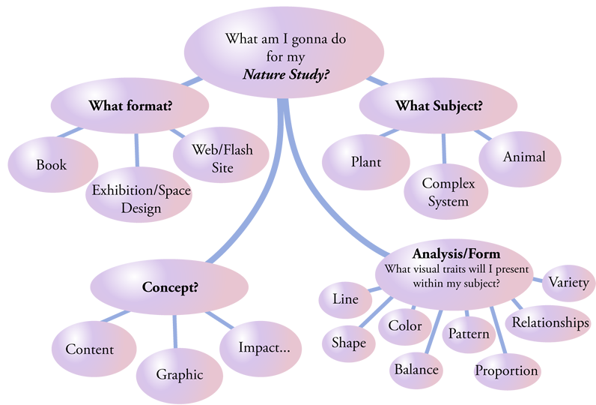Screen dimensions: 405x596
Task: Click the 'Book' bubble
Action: [52, 164]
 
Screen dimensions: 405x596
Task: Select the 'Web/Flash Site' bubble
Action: [213, 158]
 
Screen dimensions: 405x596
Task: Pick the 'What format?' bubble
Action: [130, 106]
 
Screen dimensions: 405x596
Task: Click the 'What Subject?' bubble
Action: [439, 106]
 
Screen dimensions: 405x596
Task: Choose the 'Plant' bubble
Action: [366, 162]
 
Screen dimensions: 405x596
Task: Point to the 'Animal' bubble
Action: [523, 157]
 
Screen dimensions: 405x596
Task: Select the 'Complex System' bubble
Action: [444, 192]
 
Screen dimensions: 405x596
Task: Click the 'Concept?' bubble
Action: [170, 287]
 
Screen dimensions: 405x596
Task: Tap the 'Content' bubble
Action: [90, 349]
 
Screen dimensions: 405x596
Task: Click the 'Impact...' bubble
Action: [259, 348]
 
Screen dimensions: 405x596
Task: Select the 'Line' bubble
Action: [345, 300]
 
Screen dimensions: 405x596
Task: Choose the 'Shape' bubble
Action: [348, 343]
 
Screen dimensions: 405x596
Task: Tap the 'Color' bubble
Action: [405, 326]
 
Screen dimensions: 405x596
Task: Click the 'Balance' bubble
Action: [417, 370]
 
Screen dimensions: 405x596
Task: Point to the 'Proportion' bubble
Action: [506, 370]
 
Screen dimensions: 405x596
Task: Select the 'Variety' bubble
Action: [568, 283]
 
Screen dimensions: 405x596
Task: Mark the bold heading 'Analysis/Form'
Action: [456, 253]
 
